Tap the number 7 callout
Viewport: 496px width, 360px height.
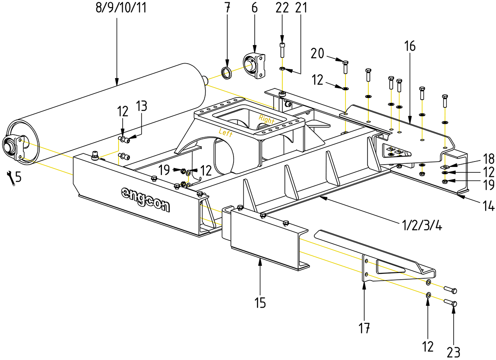[x=227, y=8]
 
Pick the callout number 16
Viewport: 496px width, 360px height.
[x=410, y=46]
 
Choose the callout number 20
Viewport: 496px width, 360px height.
[x=317, y=54]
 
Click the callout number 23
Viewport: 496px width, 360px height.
[x=453, y=351]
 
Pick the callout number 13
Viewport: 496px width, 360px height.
[x=141, y=106]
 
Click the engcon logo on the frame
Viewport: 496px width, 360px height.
[x=146, y=199]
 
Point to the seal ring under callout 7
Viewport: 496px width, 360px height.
[x=227, y=72]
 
